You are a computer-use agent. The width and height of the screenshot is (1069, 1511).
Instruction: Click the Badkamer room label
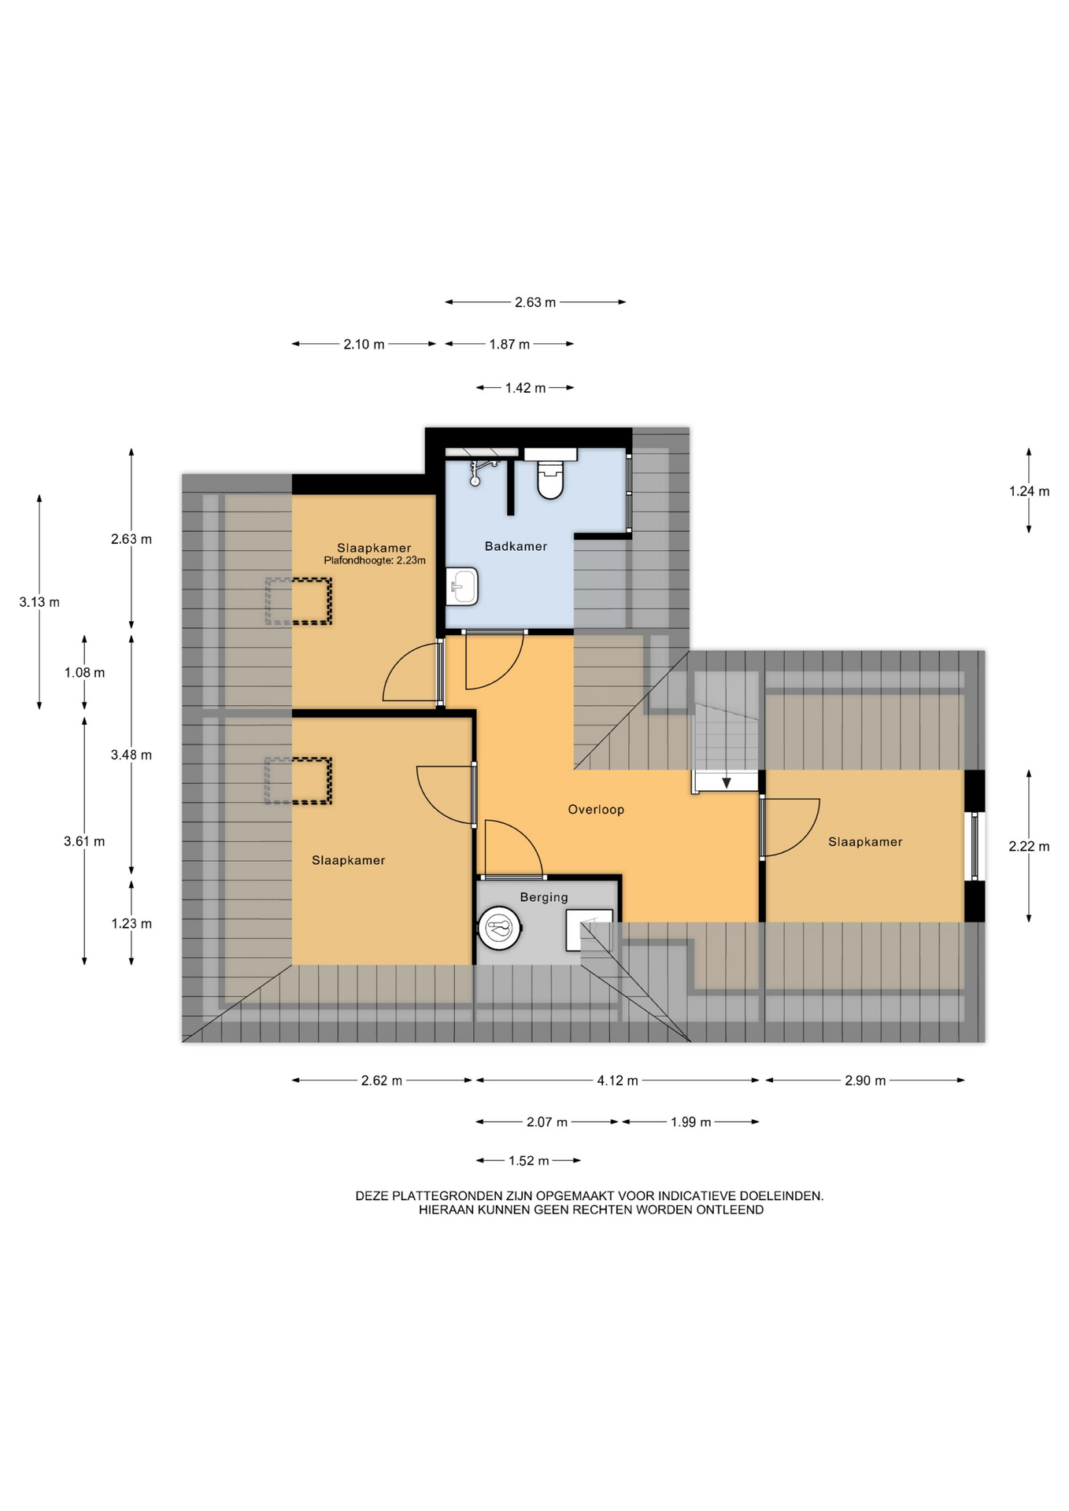tap(516, 546)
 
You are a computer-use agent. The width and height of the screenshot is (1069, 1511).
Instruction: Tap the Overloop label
tap(596, 810)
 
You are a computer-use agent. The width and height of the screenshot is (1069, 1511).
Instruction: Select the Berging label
tap(543, 897)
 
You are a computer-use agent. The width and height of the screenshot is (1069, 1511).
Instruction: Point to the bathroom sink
tap(462, 586)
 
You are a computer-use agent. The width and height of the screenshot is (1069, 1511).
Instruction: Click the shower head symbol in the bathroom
tap(478, 472)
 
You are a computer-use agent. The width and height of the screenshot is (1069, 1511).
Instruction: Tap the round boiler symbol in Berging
tap(499, 929)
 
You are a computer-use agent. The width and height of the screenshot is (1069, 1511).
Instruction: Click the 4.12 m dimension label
tap(617, 1081)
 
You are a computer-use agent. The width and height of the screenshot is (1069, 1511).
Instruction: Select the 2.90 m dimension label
tap(865, 1081)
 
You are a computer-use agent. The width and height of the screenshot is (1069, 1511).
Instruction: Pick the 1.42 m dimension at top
tap(525, 388)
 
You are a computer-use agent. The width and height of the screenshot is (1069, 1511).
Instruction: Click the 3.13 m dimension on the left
tap(39, 602)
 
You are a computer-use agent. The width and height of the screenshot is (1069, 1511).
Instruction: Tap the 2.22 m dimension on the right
tap(1029, 847)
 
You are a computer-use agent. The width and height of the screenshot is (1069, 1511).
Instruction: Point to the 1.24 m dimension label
tap(1029, 491)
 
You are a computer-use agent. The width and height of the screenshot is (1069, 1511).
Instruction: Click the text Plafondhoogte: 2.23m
tap(375, 560)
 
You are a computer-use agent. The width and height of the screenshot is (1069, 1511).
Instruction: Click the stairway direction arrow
tap(726, 781)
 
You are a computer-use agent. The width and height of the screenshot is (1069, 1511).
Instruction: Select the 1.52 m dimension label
tap(528, 1161)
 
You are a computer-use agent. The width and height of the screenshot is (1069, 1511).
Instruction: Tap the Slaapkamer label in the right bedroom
tap(865, 842)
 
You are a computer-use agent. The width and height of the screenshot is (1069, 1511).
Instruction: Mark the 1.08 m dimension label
tap(84, 673)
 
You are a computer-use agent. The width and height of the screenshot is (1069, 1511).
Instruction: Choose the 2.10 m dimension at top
tap(364, 344)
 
